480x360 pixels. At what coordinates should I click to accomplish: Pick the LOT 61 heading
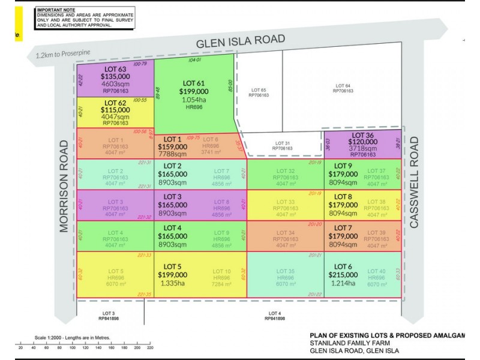pyautogui.click(x=193, y=83)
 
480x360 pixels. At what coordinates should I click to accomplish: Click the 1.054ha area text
pyautogui.click(x=193, y=100)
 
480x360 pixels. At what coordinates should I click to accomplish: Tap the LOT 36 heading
pyautogui.click(x=364, y=137)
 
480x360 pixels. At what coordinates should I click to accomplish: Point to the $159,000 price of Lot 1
pyautogui.click(x=172, y=146)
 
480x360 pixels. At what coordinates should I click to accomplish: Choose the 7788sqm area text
pyautogui.click(x=172, y=154)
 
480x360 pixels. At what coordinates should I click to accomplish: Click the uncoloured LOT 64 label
pyautogui.click(x=343, y=86)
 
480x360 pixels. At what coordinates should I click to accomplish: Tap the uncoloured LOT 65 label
pyautogui.click(x=259, y=90)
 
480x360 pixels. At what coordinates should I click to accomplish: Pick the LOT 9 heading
pyautogui.click(x=343, y=166)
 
